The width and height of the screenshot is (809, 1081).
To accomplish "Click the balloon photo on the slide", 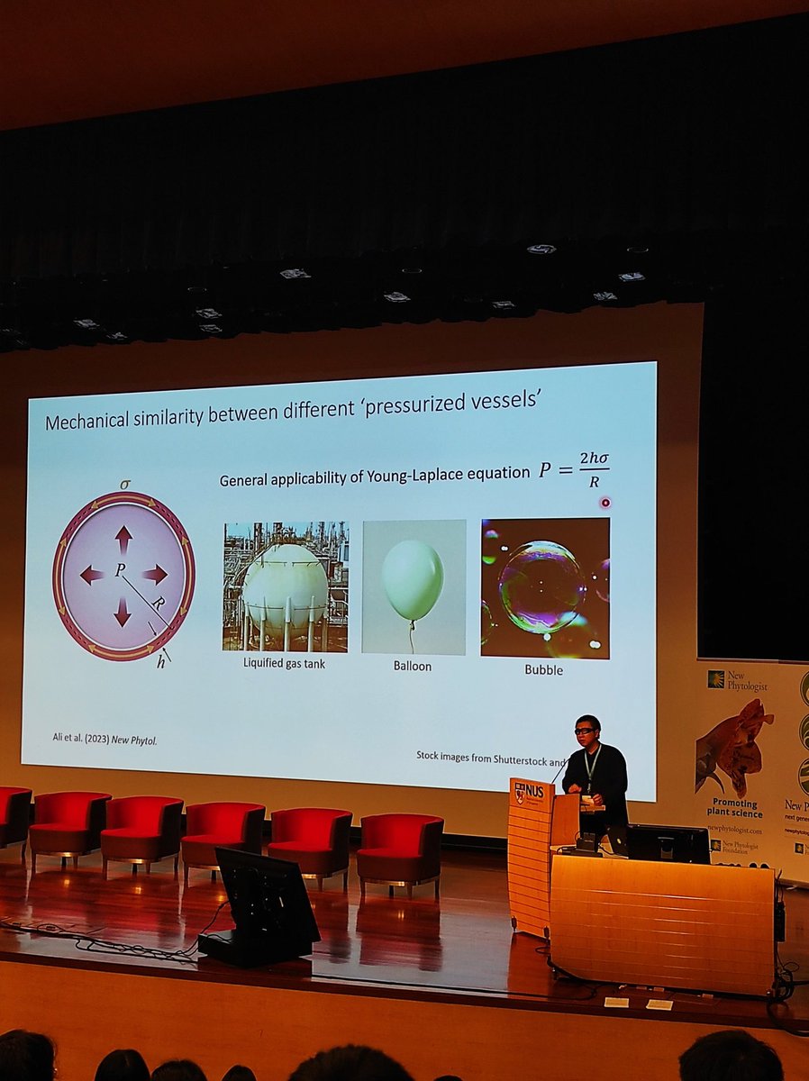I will (414, 586).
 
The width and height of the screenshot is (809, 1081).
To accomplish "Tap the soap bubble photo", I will (544, 587).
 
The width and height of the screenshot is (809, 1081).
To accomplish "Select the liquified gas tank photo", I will (285, 586).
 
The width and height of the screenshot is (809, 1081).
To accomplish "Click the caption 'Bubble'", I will (544, 669).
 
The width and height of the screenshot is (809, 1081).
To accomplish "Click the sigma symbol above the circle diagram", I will (125, 484).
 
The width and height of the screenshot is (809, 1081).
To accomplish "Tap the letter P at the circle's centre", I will (119, 570).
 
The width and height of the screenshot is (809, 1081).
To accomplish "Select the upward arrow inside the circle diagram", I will (123, 539).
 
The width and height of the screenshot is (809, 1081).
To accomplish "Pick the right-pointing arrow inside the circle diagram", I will (155, 574).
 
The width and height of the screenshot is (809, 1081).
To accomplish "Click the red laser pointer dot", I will (605, 503).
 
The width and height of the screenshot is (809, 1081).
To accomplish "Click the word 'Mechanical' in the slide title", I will (88, 422).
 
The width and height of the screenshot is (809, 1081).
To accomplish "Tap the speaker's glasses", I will (585, 731).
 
